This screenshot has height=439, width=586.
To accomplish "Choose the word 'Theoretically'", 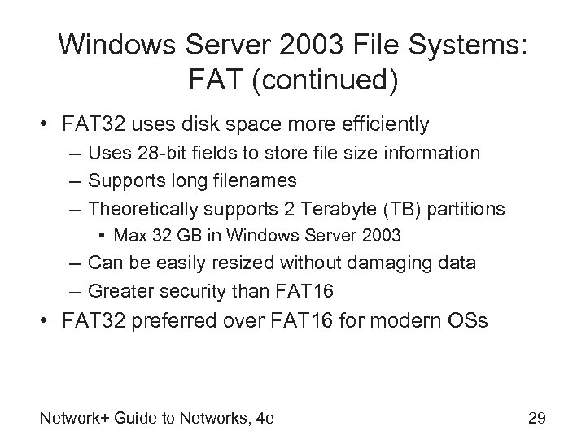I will (140, 209).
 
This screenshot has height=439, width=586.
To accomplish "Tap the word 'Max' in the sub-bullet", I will (129, 237).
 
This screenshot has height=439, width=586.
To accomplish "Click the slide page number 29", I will (536, 419).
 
